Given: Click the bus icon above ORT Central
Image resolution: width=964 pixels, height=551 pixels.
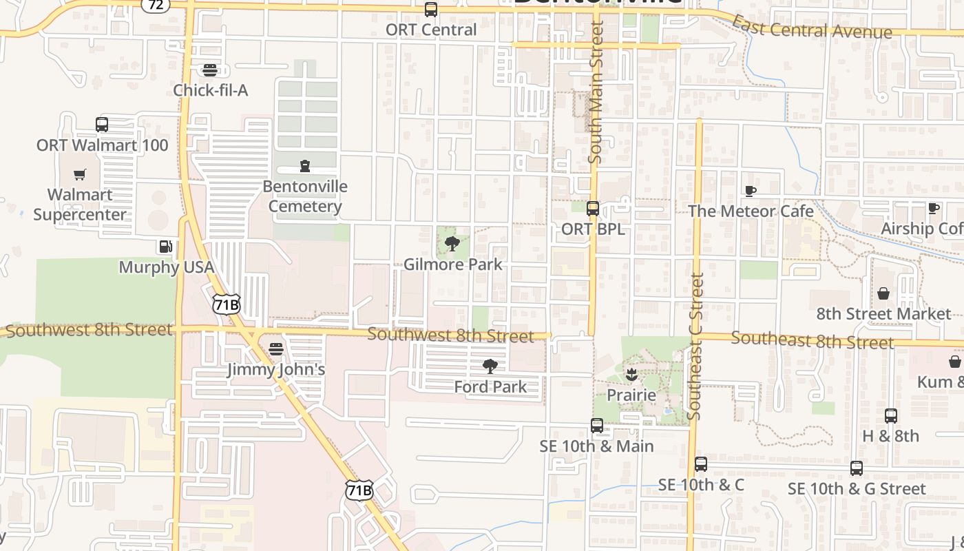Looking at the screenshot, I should click(x=431, y=10).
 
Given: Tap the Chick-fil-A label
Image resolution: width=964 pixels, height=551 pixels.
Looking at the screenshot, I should click(x=210, y=90).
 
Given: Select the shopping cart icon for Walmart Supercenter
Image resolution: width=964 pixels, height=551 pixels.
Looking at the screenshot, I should click(x=81, y=175).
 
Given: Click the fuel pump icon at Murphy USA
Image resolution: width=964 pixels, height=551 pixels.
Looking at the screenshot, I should click(x=165, y=247).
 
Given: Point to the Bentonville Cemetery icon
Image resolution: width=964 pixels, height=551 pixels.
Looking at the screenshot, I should click(x=305, y=166).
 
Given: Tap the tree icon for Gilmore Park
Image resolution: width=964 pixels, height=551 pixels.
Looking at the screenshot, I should click(x=452, y=244).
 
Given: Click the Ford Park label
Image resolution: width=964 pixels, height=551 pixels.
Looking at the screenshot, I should click(x=490, y=387).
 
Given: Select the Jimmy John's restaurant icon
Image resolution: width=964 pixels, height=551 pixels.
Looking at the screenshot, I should click(x=276, y=349).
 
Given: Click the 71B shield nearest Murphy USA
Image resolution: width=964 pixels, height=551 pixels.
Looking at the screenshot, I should click(x=226, y=304).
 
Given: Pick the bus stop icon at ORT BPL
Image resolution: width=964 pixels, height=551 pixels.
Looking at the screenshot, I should click(x=592, y=209).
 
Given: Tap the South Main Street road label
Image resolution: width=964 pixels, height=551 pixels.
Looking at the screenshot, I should click(x=596, y=92).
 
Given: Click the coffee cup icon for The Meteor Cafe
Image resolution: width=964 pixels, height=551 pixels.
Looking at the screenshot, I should click(x=751, y=191).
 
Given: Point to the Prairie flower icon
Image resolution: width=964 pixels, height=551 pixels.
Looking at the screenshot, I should click(x=631, y=375).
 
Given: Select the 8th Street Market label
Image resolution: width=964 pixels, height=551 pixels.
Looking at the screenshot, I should click(x=883, y=314).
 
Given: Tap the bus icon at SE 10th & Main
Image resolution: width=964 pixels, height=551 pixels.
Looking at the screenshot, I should click(x=597, y=426).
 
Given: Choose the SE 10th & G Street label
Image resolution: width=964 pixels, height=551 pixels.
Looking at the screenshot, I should click(x=857, y=489).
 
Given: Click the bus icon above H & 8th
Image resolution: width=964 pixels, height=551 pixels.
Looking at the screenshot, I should click(x=891, y=416).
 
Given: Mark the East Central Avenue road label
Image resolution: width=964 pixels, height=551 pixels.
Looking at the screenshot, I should click(x=811, y=28).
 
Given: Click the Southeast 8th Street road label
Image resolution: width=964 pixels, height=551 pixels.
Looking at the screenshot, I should click(x=813, y=340).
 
